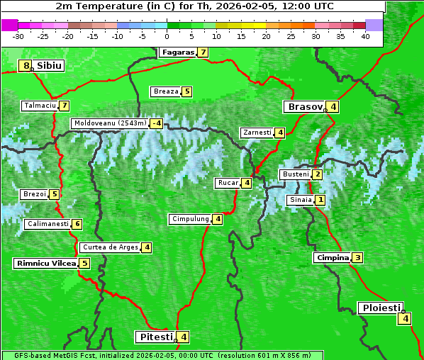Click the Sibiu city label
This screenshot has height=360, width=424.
pos(50,66)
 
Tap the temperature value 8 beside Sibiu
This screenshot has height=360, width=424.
pos(27,66)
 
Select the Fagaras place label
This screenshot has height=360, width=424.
pos(177,52)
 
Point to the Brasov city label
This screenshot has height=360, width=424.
pos(303,107)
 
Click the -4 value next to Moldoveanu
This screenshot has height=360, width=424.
pos(156,123)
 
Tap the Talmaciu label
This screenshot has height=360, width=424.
pos(40,106)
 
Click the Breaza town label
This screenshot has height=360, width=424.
pos(166,91)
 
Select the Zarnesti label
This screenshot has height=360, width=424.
pos(257,133)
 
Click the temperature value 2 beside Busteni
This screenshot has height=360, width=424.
pos(318,174)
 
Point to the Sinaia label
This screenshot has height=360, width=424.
pos(300,200)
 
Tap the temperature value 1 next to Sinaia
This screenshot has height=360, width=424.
pos(320,200)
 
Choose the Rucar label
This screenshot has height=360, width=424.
pos(228,183)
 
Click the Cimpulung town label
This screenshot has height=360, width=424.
pos(190,219)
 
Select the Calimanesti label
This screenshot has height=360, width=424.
pos(48,224)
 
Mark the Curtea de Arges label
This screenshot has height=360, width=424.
pos(109,247)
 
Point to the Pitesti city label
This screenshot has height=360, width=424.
pos(155,337)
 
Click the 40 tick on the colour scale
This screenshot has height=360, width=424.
pos(365,36)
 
